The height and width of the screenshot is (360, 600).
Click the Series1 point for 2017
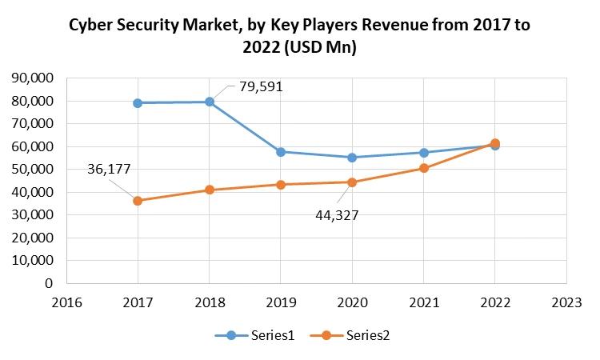138,103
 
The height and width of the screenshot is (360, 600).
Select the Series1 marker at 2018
210,102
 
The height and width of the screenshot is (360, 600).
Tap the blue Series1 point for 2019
281,151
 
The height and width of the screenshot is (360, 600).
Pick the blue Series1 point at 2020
352,158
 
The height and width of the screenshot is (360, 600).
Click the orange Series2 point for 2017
138,201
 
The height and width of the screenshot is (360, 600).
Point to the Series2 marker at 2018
210,190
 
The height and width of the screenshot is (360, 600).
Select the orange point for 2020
352,182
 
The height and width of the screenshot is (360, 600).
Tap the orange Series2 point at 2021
424,168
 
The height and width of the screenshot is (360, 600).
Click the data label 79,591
262,86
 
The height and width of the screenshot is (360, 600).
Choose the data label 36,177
110,169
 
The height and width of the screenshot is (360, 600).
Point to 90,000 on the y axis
31,78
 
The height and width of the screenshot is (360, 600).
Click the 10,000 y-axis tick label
31,261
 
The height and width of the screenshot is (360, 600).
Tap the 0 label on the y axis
49,283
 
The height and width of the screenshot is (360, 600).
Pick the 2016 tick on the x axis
66,302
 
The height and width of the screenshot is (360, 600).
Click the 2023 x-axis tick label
566,302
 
